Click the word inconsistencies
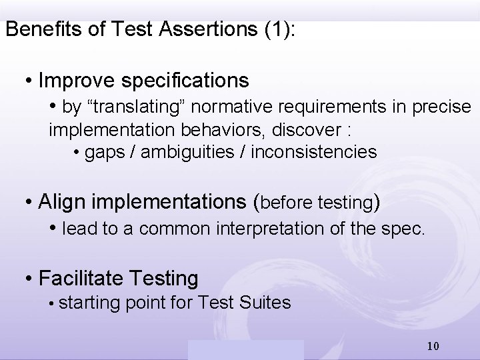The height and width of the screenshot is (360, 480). coord(314,152)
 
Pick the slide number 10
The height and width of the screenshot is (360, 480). coord(433,347)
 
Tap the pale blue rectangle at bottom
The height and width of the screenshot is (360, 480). coord(245,350)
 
